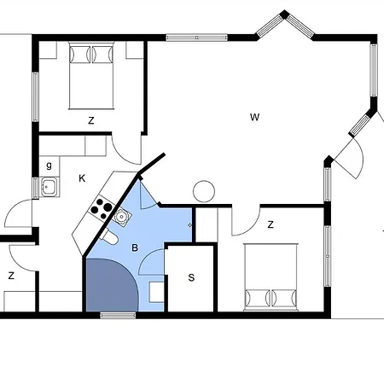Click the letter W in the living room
[254, 117]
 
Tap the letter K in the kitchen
[82, 178]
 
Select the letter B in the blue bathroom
[135, 247]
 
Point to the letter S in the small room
[191, 277]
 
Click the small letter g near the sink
[49, 165]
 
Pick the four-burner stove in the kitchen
[101, 209]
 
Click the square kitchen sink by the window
[50, 187]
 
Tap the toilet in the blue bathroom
[110, 237]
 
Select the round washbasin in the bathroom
[122, 217]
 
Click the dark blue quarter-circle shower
[111, 284]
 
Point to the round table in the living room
[204, 191]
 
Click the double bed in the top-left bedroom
[91, 76]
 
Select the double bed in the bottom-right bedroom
[271, 276]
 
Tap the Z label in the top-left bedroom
[91, 120]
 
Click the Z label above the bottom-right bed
[271, 224]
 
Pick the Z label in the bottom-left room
[11, 276]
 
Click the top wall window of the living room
[196, 38]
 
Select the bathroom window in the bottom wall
[118, 315]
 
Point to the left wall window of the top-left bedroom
[35, 97]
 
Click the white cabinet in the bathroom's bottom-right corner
[156, 292]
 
